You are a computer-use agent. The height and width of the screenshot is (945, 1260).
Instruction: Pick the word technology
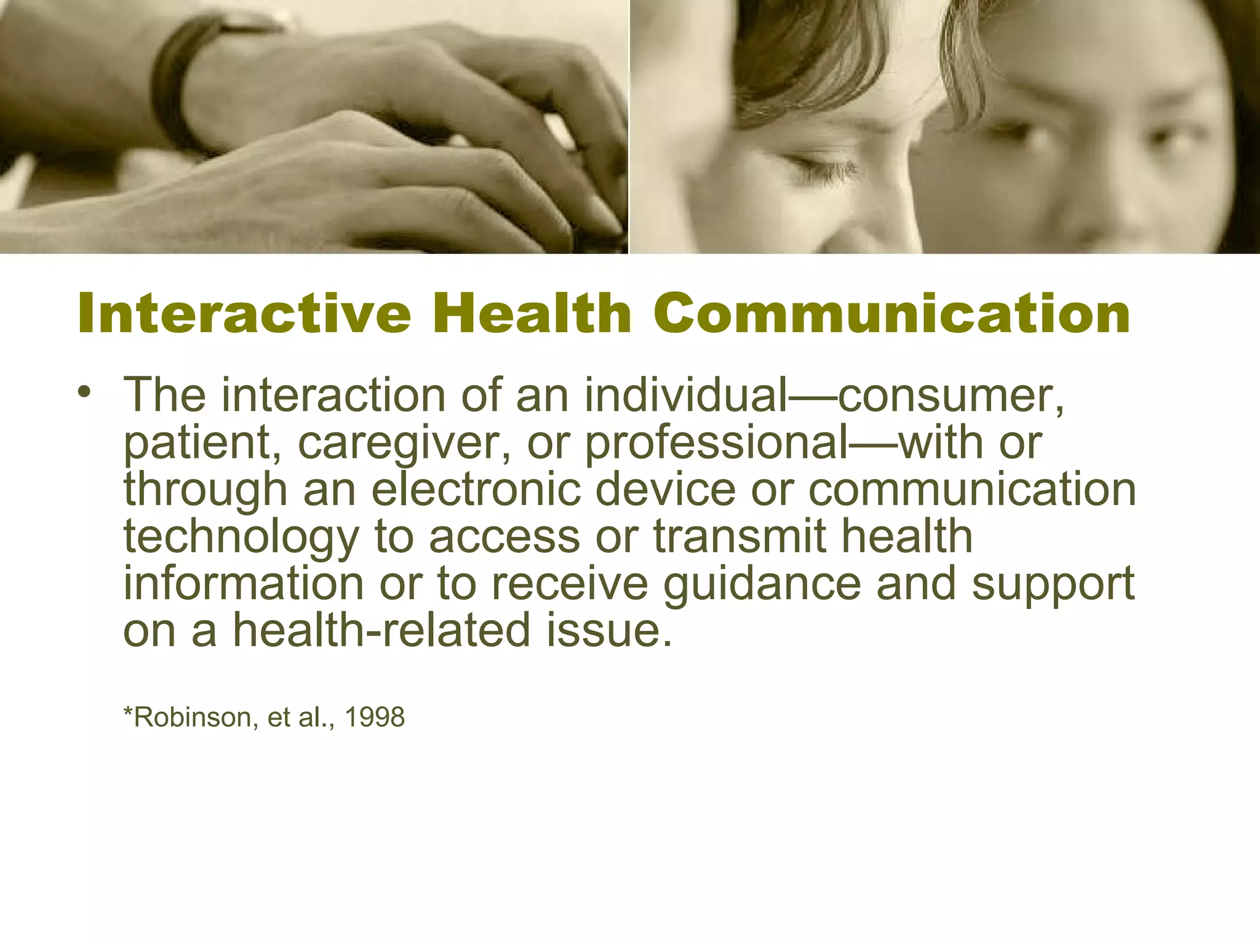241,537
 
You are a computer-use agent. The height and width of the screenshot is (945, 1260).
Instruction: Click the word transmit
739,536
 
